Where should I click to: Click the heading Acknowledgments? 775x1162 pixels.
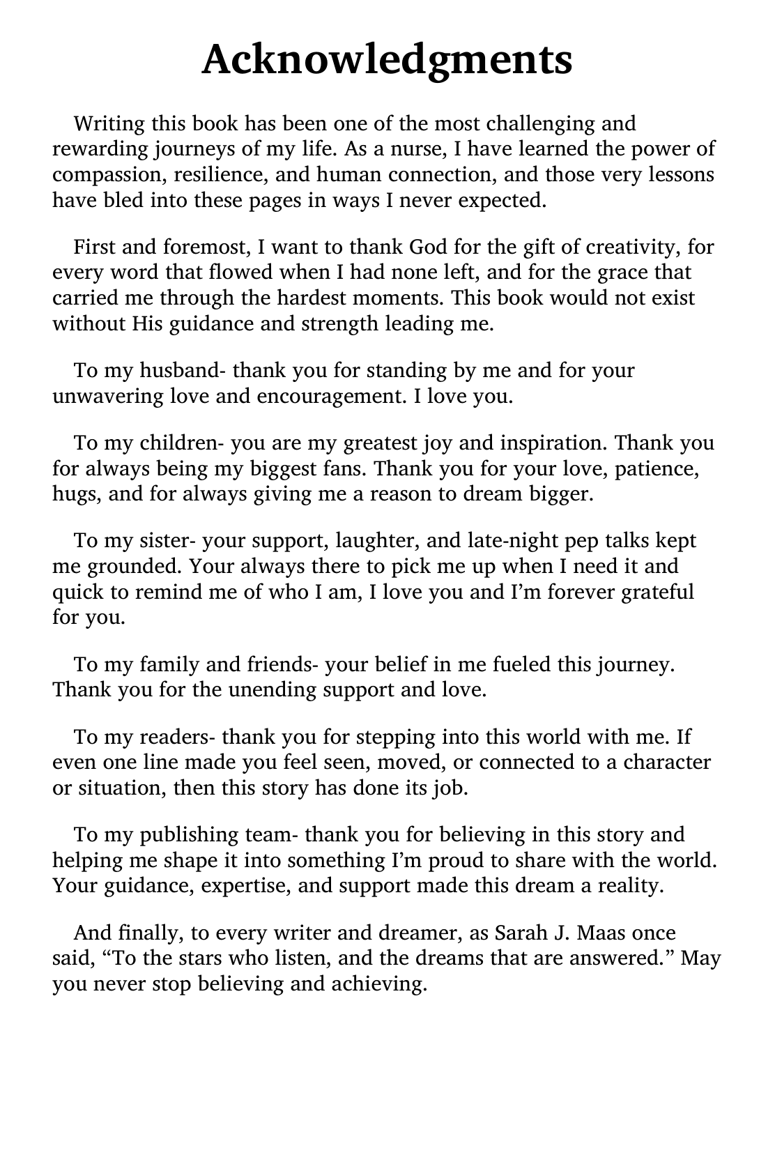click(387, 60)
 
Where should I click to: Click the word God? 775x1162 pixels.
click(427, 247)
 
